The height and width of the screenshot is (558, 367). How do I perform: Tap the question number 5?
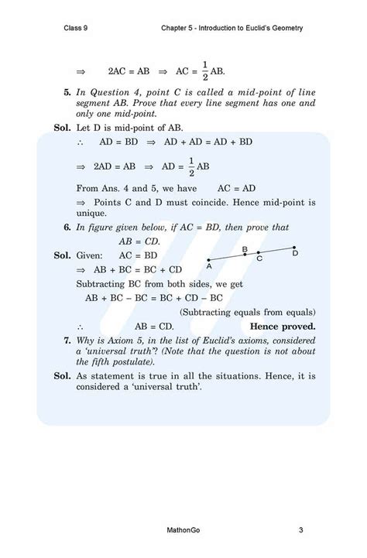point(67,93)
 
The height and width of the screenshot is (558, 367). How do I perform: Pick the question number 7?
point(67,341)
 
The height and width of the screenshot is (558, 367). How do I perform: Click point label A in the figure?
point(209,265)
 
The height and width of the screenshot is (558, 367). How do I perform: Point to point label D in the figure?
point(295,253)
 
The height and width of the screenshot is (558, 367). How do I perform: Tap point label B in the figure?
point(245,248)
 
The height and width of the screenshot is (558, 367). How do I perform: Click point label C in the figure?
point(259,258)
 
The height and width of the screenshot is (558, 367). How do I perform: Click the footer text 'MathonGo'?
point(183,530)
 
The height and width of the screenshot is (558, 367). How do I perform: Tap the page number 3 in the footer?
point(300,530)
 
